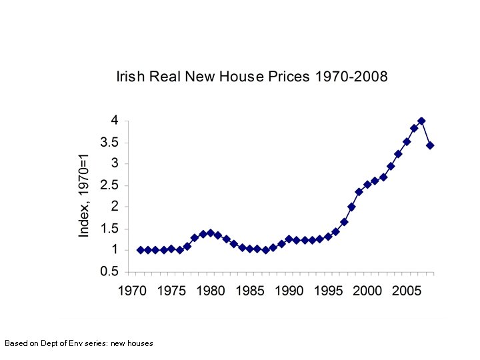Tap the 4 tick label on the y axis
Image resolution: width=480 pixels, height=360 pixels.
point(115,121)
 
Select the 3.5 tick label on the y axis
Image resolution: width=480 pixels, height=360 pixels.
point(110,143)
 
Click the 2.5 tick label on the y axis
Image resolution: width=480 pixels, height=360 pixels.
point(110,185)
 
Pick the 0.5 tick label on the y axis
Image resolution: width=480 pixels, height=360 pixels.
point(110,272)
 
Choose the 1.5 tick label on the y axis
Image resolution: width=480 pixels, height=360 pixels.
point(110,229)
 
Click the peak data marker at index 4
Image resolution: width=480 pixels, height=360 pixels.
point(421,121)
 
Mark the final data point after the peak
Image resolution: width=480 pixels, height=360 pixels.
point(430,145)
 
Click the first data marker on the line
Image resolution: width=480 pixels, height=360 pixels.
point(140,250)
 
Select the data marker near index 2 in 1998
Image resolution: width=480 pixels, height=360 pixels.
point(351,207)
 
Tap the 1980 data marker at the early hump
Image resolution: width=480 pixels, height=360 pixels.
point(211,233)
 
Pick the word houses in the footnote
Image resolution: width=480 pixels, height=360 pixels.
point(140,343)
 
